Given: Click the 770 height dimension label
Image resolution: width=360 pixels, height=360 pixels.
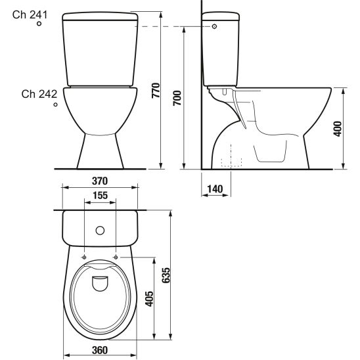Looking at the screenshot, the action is pyautogui.click(x=156, y=91).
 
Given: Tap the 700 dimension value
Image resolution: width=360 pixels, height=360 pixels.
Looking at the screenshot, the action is pyautogui.click(x=177, y=99).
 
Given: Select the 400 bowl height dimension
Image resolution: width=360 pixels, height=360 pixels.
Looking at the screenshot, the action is pyautogui.click(x=337, y=129).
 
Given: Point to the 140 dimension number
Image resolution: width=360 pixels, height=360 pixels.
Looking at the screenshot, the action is pyautogui.click(x=215, y=189).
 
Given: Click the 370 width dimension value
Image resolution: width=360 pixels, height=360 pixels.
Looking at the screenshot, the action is pyautogui.click(x=100, y=181).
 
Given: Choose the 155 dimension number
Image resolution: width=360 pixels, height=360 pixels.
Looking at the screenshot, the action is pyautogui.click(x=100, y=196).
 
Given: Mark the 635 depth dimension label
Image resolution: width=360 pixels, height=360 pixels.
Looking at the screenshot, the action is pyautogui.click(x=166, y=275).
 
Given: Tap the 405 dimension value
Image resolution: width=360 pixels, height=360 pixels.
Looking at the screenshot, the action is pyautogui.click(x=149, y=299).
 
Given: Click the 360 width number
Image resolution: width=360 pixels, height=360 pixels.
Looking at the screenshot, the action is pyautogui.click(x=100, y=350).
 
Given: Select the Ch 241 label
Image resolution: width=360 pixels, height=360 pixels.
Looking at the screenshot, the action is pyautogui.click(x=30, y=15).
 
